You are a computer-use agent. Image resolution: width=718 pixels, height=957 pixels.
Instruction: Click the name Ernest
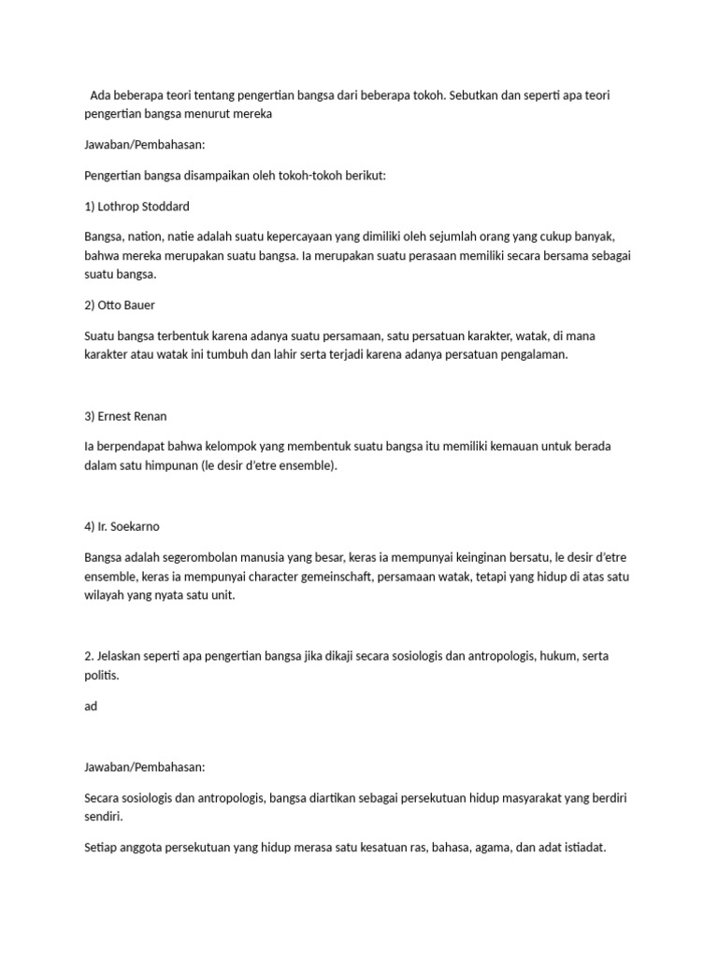(x=118, y=415)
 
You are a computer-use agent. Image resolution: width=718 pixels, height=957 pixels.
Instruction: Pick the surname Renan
(x=160, y=415)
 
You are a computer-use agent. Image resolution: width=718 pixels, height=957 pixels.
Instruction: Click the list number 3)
(x=90, y=415)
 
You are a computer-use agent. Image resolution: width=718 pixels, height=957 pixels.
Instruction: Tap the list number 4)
(x=90, y=526)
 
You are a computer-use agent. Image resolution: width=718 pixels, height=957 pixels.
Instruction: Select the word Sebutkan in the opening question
(x=486, y=96)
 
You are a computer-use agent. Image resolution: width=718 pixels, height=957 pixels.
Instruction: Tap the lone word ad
(x=91, y=706)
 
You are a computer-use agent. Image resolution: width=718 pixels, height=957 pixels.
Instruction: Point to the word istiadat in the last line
(x=582, y=848)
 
